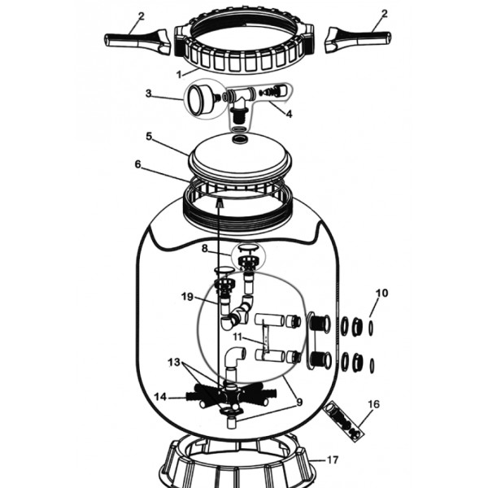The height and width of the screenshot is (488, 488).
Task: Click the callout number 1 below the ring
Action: point(179,75)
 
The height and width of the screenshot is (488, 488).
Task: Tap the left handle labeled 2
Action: point(137,41)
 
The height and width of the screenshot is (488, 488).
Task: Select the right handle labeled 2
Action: point(358,41)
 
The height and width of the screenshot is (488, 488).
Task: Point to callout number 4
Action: point(289,114)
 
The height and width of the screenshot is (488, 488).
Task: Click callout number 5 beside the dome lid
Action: point(149,136)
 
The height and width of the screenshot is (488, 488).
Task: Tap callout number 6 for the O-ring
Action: point(138,164)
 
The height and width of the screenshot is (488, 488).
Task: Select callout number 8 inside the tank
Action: point(204,248)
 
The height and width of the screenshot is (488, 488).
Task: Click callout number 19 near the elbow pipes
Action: point(187,297)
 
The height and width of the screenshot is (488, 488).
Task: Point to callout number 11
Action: point(237,337)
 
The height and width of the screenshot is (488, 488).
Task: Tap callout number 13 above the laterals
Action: point(174,362)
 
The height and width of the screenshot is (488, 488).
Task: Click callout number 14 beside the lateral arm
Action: point(160,397)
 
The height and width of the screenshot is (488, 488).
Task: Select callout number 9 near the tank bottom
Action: point(299,402)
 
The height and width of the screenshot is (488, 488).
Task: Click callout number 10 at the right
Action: point(382,293)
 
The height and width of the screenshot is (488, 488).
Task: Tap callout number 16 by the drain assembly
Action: point(373,404)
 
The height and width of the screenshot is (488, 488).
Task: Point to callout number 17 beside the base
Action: point(333,460)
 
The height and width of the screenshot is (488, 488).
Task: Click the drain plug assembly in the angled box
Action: point(343,421)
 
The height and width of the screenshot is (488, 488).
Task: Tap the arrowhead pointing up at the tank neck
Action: point(220,203)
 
